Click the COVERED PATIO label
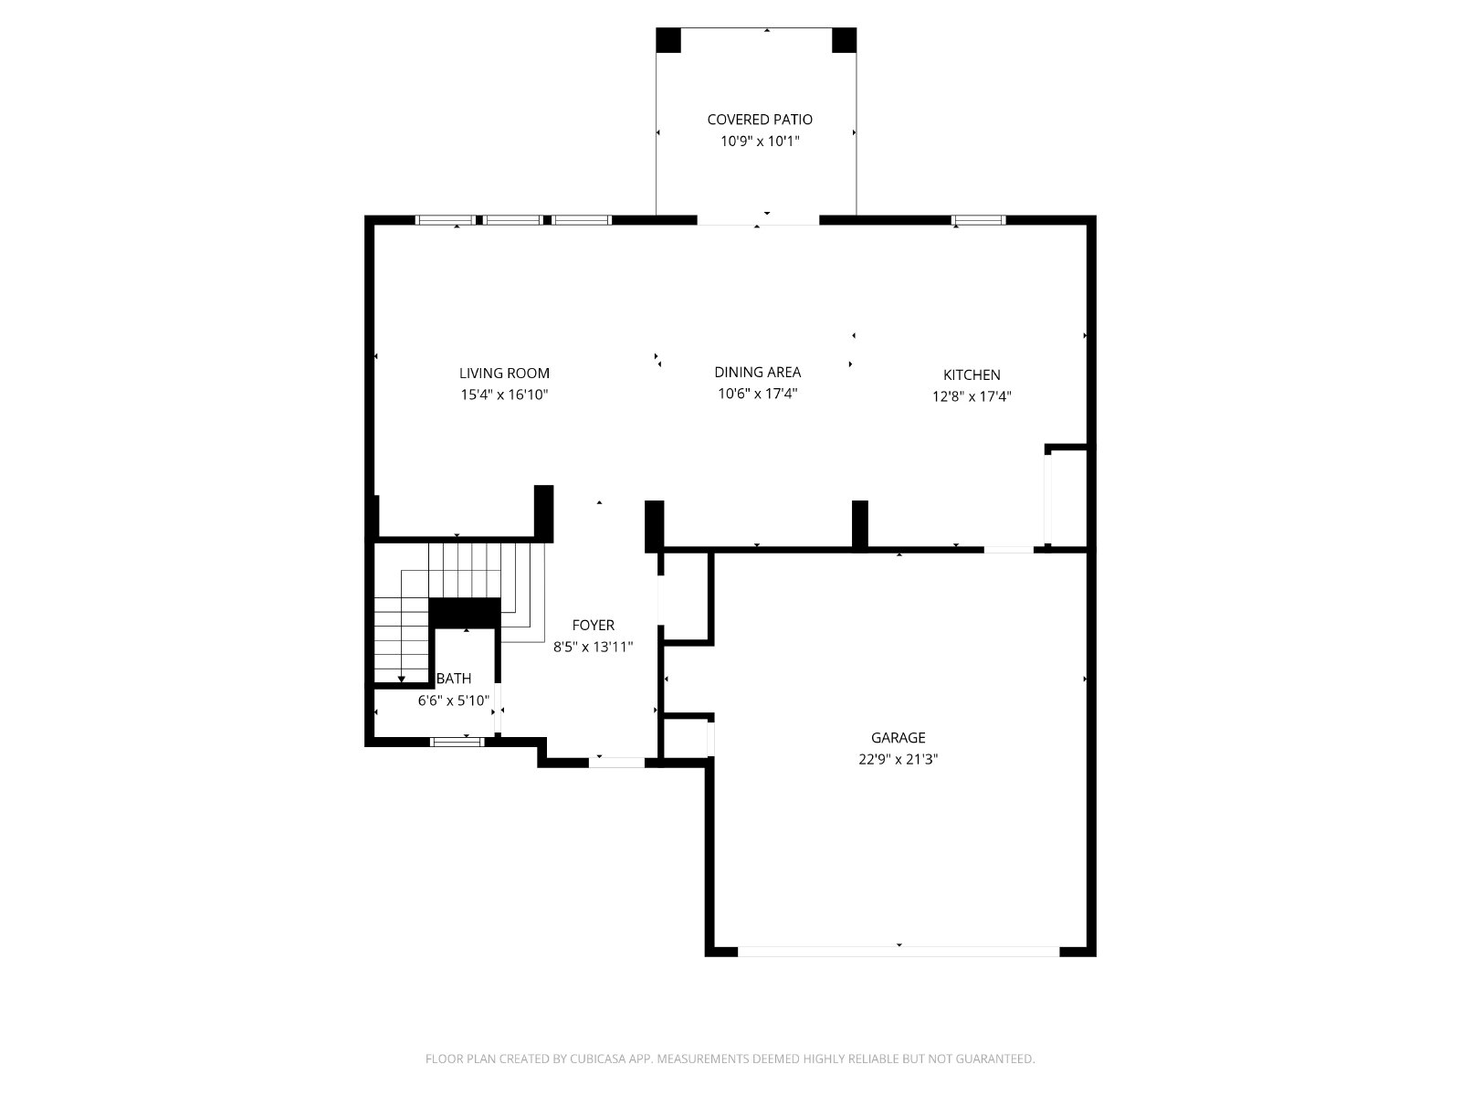coord(760,120)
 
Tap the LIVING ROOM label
coord(505,374)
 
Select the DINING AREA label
coord(758,372)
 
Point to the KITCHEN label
coord(972,374)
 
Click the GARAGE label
coord(898,737)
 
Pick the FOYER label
coord(593,625)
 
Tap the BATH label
coord(454,678)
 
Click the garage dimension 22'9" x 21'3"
coord(898,759)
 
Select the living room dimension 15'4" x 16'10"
coord(505,395)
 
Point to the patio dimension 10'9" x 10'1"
coord(760,141)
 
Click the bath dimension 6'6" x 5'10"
coord(454,700)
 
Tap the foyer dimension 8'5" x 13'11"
coord(593,647)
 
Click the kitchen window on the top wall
coord(978,220)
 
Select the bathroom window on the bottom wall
coord(457,742)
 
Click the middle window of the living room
coord(512,220)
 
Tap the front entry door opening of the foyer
coord(616,763)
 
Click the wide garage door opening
coord(899,952)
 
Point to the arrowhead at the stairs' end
coord(402,680)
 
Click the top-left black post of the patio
coord(668,40)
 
